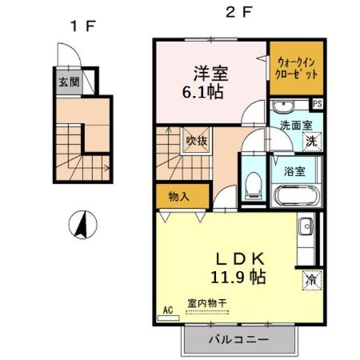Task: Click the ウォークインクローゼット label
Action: (x=297, y=66)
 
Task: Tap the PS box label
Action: (x=318, y=104)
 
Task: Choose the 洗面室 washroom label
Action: (x=295, y=125)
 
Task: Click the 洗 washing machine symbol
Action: (x=310, y=140)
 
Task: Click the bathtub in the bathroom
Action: (x=296, y=197)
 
